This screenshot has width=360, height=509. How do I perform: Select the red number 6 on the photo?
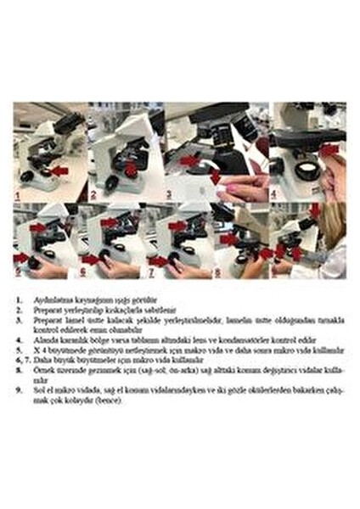(83, 273)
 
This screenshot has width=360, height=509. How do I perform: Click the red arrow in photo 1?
(59, 171)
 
